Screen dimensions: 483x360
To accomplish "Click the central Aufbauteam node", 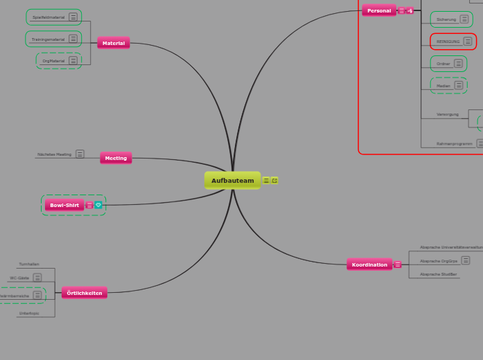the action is [x=233, y=181].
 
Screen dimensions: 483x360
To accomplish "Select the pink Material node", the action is [x=114, y=43].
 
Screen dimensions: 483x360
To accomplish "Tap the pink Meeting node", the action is [x=116, y=158].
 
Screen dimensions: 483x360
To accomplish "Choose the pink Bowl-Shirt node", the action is [x=64, y=205].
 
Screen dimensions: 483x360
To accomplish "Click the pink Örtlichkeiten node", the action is [x=85, y=293].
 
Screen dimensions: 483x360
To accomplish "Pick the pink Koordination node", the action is [x=369, y=264].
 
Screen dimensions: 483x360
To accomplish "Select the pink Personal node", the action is [x=379, y=10].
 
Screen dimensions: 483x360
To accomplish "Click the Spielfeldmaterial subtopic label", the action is [x=49, y=17].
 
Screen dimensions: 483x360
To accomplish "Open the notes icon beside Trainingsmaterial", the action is [x=73, y=39].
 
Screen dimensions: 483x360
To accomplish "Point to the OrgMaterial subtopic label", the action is [x=53, y=61].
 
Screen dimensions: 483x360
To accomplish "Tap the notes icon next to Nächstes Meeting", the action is [x=80, y=154].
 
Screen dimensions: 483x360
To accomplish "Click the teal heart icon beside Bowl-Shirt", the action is [x=98, y=205].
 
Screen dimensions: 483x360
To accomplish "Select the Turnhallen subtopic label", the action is [x=29, y=264].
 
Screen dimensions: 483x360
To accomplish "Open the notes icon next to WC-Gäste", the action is [x=37, y=278].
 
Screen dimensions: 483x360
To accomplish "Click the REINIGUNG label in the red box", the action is [x=448, y=42].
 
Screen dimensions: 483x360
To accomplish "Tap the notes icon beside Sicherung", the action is [x=465, y=19].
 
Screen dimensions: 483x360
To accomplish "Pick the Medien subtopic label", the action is [x=444, y=86].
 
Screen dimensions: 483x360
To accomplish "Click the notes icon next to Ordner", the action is [x=458, y=64].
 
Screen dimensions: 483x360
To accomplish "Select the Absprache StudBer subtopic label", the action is [x=439, y=274].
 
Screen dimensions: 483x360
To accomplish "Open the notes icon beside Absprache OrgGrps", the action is [x=466, y=260].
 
